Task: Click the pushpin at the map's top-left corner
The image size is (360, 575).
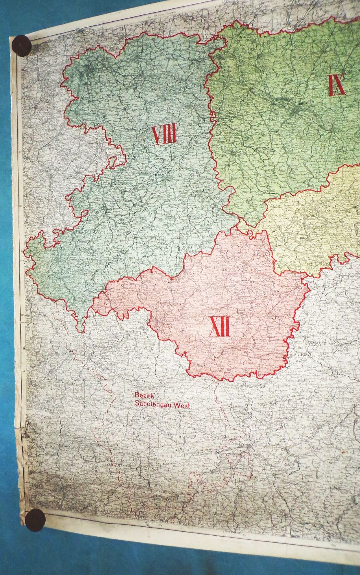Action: pos(22,45)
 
